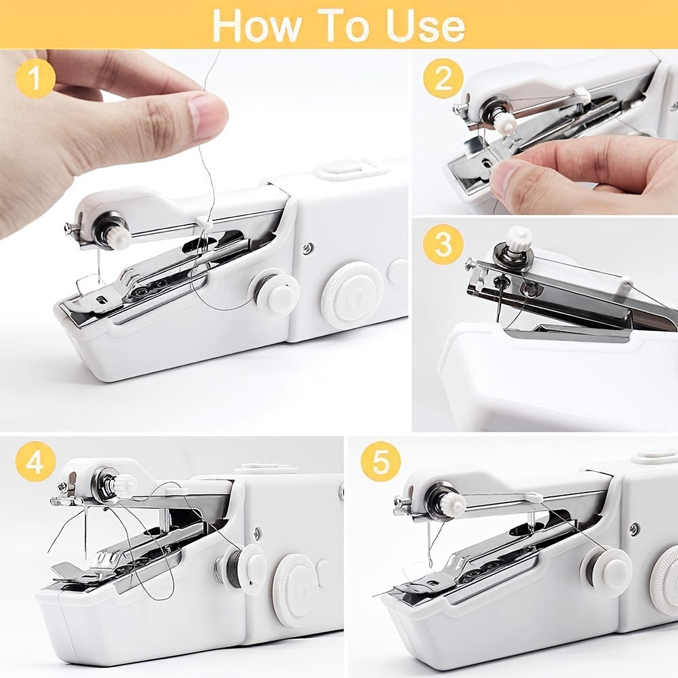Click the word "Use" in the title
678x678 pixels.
click(x=426, y=25)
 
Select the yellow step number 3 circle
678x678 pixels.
click(x=443, y=245)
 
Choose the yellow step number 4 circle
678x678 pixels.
click(x=35, y=462)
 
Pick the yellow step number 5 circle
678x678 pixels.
click(x=380, y=462)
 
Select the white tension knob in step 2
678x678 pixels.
click(x=504, y=122)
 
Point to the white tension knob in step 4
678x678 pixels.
click(x=124, y=484)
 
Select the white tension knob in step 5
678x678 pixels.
click(x=452, y=503)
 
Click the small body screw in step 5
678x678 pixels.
click(x=633, y=530)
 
